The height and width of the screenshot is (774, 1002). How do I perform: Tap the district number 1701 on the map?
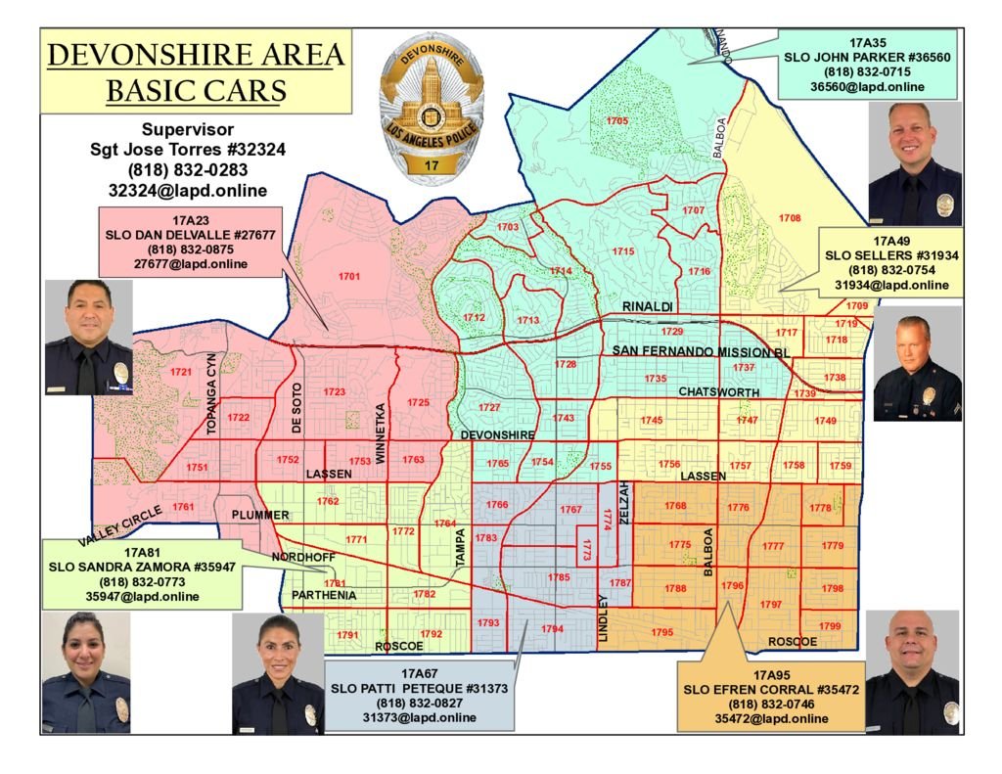pos(349,277)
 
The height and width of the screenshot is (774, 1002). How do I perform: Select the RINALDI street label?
pos(648,307)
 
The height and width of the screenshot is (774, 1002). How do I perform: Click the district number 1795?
pos(662,633)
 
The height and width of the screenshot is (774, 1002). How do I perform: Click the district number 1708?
pos(790,217)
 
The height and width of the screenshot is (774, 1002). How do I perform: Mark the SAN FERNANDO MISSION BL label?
pos(701,351)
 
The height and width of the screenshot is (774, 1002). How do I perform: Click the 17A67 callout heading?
pos(424,674)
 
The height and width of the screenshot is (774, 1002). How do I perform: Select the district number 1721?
pos(180,372)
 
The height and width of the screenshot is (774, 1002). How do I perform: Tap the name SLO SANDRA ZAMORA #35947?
pos(143,567)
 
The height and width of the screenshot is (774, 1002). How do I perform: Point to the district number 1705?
pos(616,120)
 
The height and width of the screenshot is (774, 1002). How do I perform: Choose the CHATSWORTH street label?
pos(718,392)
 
